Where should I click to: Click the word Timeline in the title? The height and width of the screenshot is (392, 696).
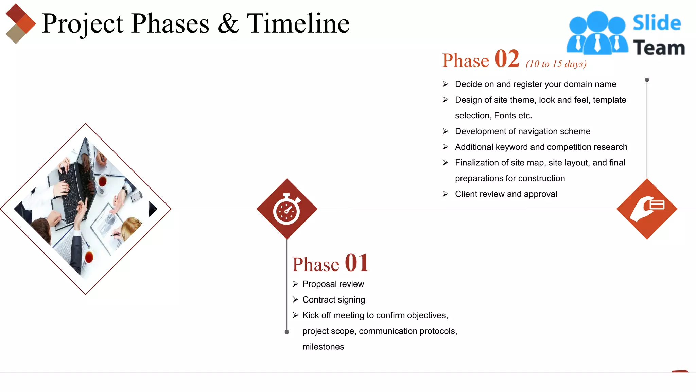tap(298, 24)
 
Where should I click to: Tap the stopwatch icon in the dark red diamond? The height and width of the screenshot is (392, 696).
tap(286, 210)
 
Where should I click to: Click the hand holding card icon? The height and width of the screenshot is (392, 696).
tap(646, 208)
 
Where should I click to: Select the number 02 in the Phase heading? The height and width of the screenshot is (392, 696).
tap(507, 59)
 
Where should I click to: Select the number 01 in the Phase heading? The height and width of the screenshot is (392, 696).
tap(356, 263)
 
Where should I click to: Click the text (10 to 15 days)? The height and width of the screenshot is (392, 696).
tap(556, 64)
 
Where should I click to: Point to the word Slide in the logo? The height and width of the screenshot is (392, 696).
tap(657, 23)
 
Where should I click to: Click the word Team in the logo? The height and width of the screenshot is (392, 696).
tap(659, 48)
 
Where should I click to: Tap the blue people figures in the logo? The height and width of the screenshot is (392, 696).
tap(597, 33)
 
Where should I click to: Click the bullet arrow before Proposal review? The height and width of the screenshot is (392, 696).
tap(295, 284)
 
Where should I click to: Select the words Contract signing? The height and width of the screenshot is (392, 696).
tap(333, 300)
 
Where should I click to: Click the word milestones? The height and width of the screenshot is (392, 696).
tap(323, 347)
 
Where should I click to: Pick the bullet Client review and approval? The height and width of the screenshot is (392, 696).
tap(506, 194)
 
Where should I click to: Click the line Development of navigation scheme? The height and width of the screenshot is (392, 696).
tap(522, 131)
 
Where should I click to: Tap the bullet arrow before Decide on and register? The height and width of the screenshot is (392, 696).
tap(445, 84)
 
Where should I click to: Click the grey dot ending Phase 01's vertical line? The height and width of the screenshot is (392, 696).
tap(287, 332)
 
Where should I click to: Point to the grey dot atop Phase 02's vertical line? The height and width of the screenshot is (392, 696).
tap(647, 80)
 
